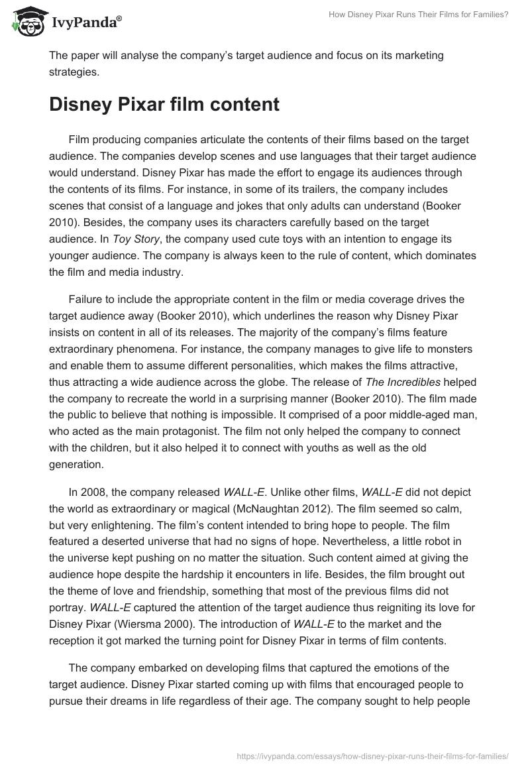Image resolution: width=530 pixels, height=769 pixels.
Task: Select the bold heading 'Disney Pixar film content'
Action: [164, 105]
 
